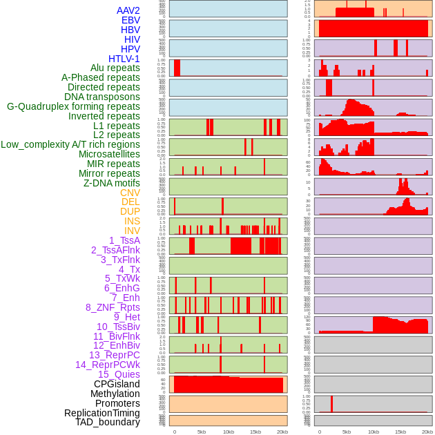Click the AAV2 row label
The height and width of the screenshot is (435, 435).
(x=128, y=10)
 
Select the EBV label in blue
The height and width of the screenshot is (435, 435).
(x=130, y=20)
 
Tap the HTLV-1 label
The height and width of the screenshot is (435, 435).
(x=124, y=59)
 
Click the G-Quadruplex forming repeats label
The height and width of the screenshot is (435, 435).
(x=73, y=106)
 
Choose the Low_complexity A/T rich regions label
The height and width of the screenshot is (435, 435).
(x=70, y=144)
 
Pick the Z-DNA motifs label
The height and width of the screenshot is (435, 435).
(x=112, y=183)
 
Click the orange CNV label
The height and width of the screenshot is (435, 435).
(x=130, y=193)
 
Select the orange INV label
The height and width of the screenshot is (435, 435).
(x=132, y=231)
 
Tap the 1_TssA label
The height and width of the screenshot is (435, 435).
(x=124, y=240)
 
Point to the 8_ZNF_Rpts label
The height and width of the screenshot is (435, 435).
(x=113, y=307)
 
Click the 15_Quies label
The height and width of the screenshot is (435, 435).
(x=119, y=374)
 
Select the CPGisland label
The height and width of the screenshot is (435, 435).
(x=117, y=384)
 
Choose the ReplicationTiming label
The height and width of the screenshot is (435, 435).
(x=102, y=413)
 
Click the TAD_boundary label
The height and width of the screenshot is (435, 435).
(x=108, y=422)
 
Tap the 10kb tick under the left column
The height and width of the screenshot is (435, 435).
(x=228, y=432)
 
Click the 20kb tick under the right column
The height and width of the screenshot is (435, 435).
(x=427, y=432)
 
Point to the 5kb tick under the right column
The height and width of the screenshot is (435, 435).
(x=347, y=432)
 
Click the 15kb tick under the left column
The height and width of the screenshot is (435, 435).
(x=255, y=432)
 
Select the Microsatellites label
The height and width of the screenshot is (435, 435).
(x=109, y=154)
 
